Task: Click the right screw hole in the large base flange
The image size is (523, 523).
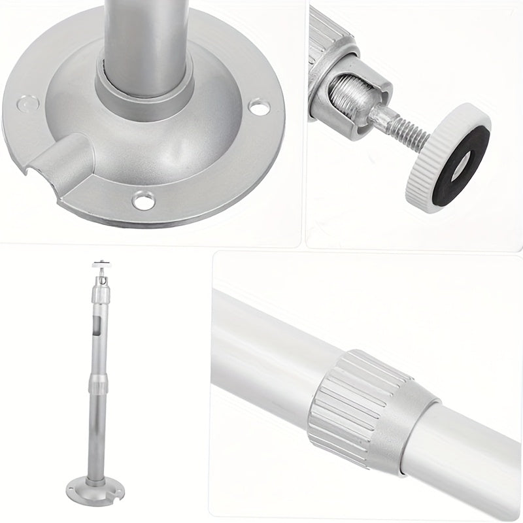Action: [260, 107]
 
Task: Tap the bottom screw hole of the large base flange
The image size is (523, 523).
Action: [143, 199]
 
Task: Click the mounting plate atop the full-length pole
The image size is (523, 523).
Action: [100, 266]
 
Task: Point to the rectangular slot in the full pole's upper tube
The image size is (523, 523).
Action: [97, 327]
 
